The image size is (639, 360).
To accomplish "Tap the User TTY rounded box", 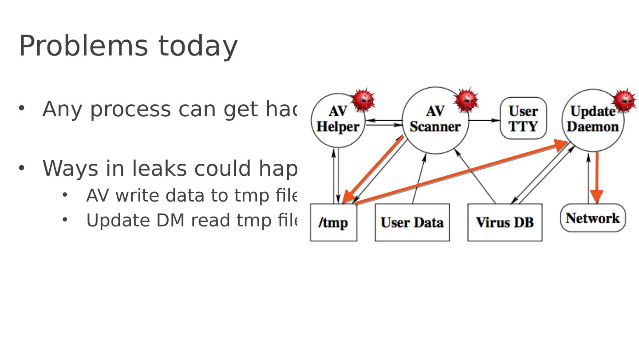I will coord(523,119).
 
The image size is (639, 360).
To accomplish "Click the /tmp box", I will coord(333,222).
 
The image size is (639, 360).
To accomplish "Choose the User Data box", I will coord(412,222).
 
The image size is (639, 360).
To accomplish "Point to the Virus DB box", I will coord(505,222).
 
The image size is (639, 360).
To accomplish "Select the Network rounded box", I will coord(592,218).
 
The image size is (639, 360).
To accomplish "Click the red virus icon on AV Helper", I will coord(363,100).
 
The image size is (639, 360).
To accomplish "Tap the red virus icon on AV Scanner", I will coord(466,100).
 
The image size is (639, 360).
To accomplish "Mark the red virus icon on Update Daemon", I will coord(624,100).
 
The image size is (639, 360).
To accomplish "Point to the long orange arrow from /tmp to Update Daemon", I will coord(461,173).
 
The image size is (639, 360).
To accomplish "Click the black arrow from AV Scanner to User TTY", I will coord(484,120).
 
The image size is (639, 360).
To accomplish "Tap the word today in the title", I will coord(198,46).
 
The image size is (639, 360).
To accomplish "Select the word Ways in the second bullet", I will coord(71,169).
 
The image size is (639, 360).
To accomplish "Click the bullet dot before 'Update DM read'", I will coord(65,220).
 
